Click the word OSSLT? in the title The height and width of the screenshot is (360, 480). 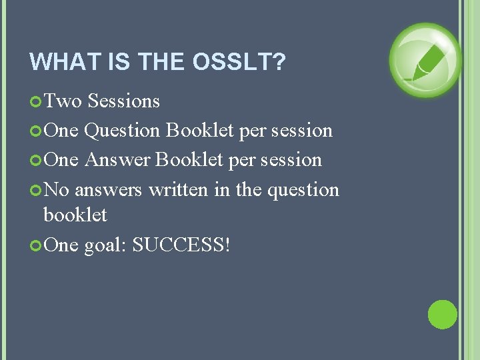click(239, 62)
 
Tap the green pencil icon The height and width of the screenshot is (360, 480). click(425, 60)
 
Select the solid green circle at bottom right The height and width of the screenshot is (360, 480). click(442, 315)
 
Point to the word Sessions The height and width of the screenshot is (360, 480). click(124, 101)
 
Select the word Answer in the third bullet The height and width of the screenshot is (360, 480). click(117, 160)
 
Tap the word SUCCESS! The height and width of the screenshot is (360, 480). click(181, 245)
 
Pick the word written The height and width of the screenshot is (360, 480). click(179, 190)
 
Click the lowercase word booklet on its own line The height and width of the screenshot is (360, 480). click(75, 215)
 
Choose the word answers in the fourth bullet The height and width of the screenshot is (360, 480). click(109, 190)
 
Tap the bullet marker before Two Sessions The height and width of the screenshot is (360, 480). click(36, 101)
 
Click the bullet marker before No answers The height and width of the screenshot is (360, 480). click(36, 190)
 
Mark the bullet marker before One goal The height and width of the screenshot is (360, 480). click(36, 245)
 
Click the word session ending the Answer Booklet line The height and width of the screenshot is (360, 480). click(293, 160)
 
